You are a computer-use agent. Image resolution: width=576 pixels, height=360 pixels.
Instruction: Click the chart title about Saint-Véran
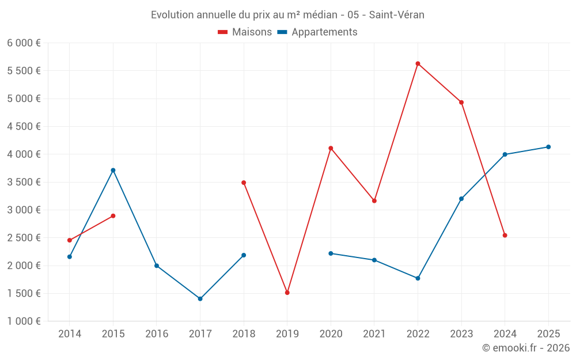click(287, 15)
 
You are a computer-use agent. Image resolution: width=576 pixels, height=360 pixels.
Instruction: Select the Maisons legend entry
click(245, 32)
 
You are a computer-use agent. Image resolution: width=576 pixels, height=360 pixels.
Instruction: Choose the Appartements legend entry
click(317, 32)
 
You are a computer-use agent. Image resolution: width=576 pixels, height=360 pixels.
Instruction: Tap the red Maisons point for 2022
click(418, 63)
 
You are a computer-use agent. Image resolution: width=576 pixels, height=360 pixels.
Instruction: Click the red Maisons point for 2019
click(287, 293)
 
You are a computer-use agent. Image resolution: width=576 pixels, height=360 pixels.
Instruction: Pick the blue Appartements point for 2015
click(113, 170)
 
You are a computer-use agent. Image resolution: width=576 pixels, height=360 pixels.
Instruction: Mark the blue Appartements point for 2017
click(200, 298)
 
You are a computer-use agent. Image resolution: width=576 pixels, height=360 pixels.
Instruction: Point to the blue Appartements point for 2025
click(548, 147)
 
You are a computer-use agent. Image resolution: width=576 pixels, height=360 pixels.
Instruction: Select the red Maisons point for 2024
click(505, 235)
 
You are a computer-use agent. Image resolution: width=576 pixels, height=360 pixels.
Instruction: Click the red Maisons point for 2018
click(244, 183)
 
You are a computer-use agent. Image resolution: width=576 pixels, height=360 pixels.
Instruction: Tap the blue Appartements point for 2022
click(418, 278)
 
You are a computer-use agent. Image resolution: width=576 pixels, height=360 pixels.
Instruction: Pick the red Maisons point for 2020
click(331, 148)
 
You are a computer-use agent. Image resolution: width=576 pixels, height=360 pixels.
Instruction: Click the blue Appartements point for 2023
click(461, 199)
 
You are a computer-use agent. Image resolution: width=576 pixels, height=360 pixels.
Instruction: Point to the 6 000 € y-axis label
click(24, 43)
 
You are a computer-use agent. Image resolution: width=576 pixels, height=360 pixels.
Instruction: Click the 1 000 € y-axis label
click(24, 321)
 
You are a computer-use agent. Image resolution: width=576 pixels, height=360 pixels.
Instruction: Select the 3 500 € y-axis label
click(24, 182)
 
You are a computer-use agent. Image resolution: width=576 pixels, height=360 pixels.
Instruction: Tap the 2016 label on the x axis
click(157, 334)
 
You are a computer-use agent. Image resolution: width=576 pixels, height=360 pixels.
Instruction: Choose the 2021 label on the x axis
click(374, 334)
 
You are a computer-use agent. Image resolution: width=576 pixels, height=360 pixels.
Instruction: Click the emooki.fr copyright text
click(525, 348)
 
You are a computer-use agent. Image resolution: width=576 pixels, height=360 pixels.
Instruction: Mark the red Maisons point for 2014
click(70, 240)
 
